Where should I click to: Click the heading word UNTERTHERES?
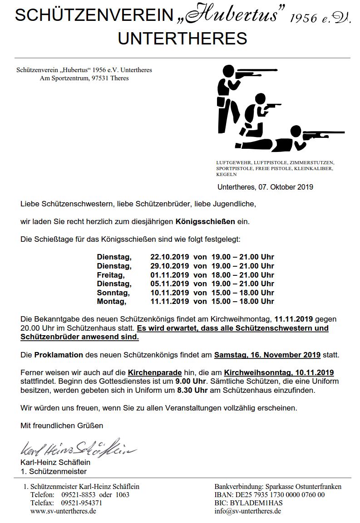[182, 39]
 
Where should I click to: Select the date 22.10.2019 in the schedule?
[169, 257]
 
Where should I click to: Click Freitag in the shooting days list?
[110, 275]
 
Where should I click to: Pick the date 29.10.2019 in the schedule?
[169, 266]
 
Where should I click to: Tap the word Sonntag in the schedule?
[113, 293]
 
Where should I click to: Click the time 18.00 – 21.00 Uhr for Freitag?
[243, 275]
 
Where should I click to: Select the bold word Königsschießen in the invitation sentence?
[205, 222]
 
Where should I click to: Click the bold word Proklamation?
[59, 355]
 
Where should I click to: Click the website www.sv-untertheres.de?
[63, 511]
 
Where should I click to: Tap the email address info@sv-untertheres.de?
[248, 511]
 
